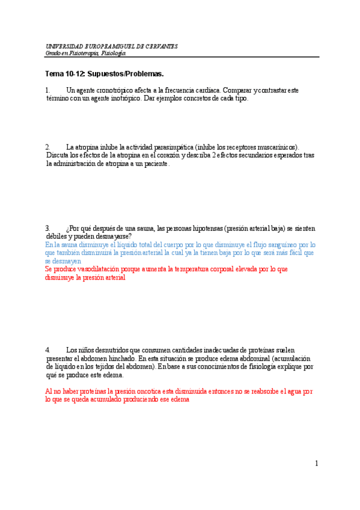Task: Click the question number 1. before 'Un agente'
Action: (x=48, y=90)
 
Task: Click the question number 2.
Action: (x=48, y=147)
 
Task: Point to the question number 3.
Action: (x=48, y=229)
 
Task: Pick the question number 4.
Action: (x=48, y=350)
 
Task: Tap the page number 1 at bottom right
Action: (x=316, y=463)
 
